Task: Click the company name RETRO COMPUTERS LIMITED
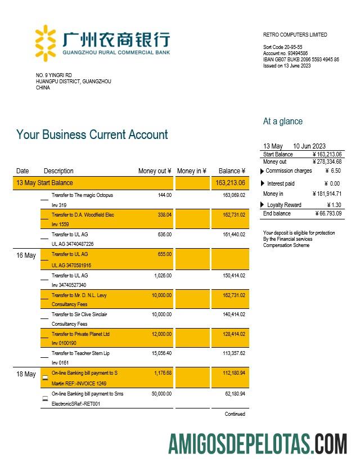295,35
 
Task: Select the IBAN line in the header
301,60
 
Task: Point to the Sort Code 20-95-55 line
282,47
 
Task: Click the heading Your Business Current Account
92,135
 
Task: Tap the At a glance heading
282,122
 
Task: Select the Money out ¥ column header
155,171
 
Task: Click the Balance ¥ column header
232,171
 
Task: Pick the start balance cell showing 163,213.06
230,183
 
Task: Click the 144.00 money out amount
165,195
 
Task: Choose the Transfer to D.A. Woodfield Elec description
83,215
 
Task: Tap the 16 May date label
26,255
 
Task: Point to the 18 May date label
26,374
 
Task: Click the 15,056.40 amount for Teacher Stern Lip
161,354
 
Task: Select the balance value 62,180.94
234,394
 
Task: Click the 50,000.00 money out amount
161,394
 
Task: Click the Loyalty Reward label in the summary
284,205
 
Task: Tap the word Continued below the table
235,414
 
